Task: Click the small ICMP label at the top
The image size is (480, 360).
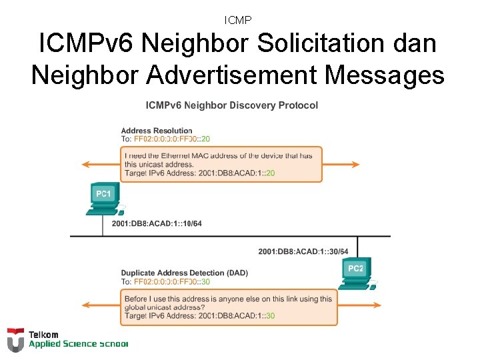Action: click(238, 21)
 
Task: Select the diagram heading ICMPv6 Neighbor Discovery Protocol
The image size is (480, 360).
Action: click(231, 105)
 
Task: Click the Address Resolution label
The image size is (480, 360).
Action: click(157, 131)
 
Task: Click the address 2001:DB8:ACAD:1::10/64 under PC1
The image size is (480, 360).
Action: click(157, 223)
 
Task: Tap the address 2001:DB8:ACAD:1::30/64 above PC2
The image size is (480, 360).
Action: click(303, 251)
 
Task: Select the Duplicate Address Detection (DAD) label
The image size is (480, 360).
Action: click(183, 273)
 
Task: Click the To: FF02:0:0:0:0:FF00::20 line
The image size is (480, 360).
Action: click(165, 139)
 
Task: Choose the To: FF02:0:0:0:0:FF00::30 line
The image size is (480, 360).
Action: click(165, 281)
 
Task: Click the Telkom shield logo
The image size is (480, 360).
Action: click(15, 339)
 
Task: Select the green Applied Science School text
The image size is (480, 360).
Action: click(77, 344)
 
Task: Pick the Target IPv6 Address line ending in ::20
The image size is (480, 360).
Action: click(200, 173)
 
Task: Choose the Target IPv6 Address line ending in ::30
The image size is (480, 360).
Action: click(200, 315)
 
